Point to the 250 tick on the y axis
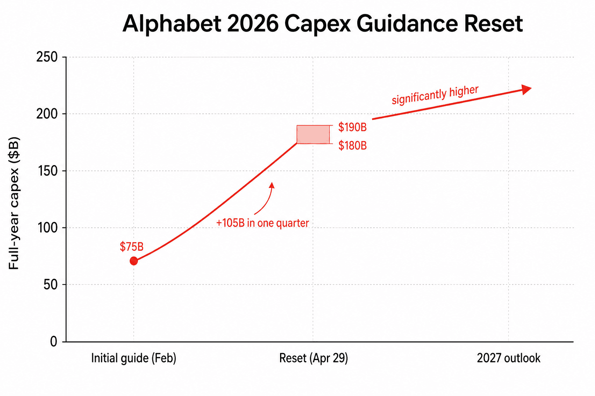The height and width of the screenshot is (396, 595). pos(46,57)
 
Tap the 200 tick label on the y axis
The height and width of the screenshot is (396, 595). pos(46,114)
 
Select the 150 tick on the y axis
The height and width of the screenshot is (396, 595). pos(46,171)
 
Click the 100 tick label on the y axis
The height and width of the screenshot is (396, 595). pos(46,228)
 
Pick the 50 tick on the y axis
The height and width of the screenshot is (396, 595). pos(50,285)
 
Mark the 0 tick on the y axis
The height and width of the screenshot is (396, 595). pos(53,341)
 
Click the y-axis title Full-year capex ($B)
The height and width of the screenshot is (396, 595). pos(14,203)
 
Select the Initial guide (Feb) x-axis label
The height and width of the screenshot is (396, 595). pos(134,358)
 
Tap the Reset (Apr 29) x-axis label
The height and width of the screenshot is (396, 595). pos(313,358)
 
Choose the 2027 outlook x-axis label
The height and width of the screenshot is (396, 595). pos(508,358)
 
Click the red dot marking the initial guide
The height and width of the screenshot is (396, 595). pos(134,261)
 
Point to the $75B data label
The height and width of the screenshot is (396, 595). pos(131,247)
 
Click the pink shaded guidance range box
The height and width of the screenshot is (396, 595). pos(313,135)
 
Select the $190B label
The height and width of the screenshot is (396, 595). pos(352,127)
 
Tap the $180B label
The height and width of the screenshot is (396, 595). pos(352,145)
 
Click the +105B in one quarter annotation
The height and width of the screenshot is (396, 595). pos(262,223)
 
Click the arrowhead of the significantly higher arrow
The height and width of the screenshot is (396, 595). pos(526,89)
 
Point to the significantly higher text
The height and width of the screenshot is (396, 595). pos(435,95)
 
